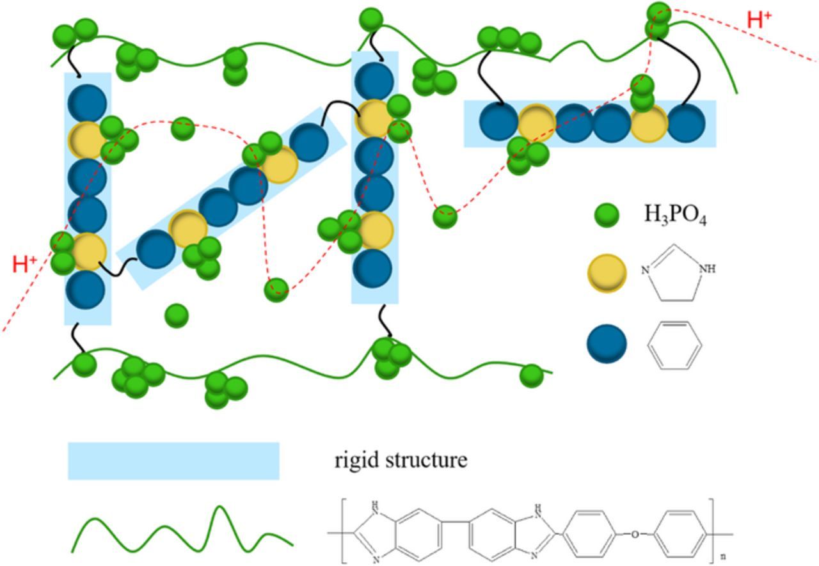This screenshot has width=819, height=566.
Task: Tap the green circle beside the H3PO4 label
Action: (x=606, y=216)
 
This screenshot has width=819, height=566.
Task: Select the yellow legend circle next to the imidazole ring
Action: (x=606, y=273)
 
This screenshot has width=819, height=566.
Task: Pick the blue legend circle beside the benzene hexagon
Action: (x=606, y=343)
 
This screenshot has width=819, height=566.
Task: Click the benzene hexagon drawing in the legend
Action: (x=674, y=345)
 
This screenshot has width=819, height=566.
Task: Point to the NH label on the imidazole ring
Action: (x=707, y=269)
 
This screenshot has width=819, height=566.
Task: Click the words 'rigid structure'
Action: (x=401, y=460)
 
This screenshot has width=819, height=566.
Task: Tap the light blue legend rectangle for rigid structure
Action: (x=173, y=460)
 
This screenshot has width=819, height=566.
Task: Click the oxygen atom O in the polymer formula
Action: (x=634, y=535)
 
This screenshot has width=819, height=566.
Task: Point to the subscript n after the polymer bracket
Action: (x=723, y=556)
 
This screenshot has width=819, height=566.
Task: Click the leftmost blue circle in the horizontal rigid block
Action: (x=498, y=123)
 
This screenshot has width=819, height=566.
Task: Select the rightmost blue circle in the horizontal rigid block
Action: (x=686, y=123)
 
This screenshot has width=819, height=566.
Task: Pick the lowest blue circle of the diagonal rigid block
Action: (x=155, y=249)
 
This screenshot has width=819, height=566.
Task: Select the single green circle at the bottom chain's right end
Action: (x=531, y=375)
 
